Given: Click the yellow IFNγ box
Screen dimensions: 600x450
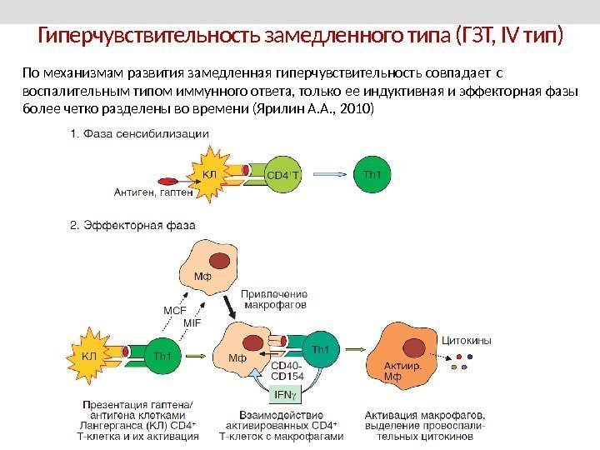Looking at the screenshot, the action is [x=283, y=393].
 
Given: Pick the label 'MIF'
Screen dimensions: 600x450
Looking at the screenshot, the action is [x=193, y=322].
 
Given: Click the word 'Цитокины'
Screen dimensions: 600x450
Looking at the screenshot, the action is [x=466, y=341].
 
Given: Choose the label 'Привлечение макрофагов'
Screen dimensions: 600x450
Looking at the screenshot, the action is [x=274, y=299].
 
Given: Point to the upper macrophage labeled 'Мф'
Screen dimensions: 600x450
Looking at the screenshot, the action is [x=211, y=262].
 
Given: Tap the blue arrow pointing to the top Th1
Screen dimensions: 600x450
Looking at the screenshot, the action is [x=332, y=174].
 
